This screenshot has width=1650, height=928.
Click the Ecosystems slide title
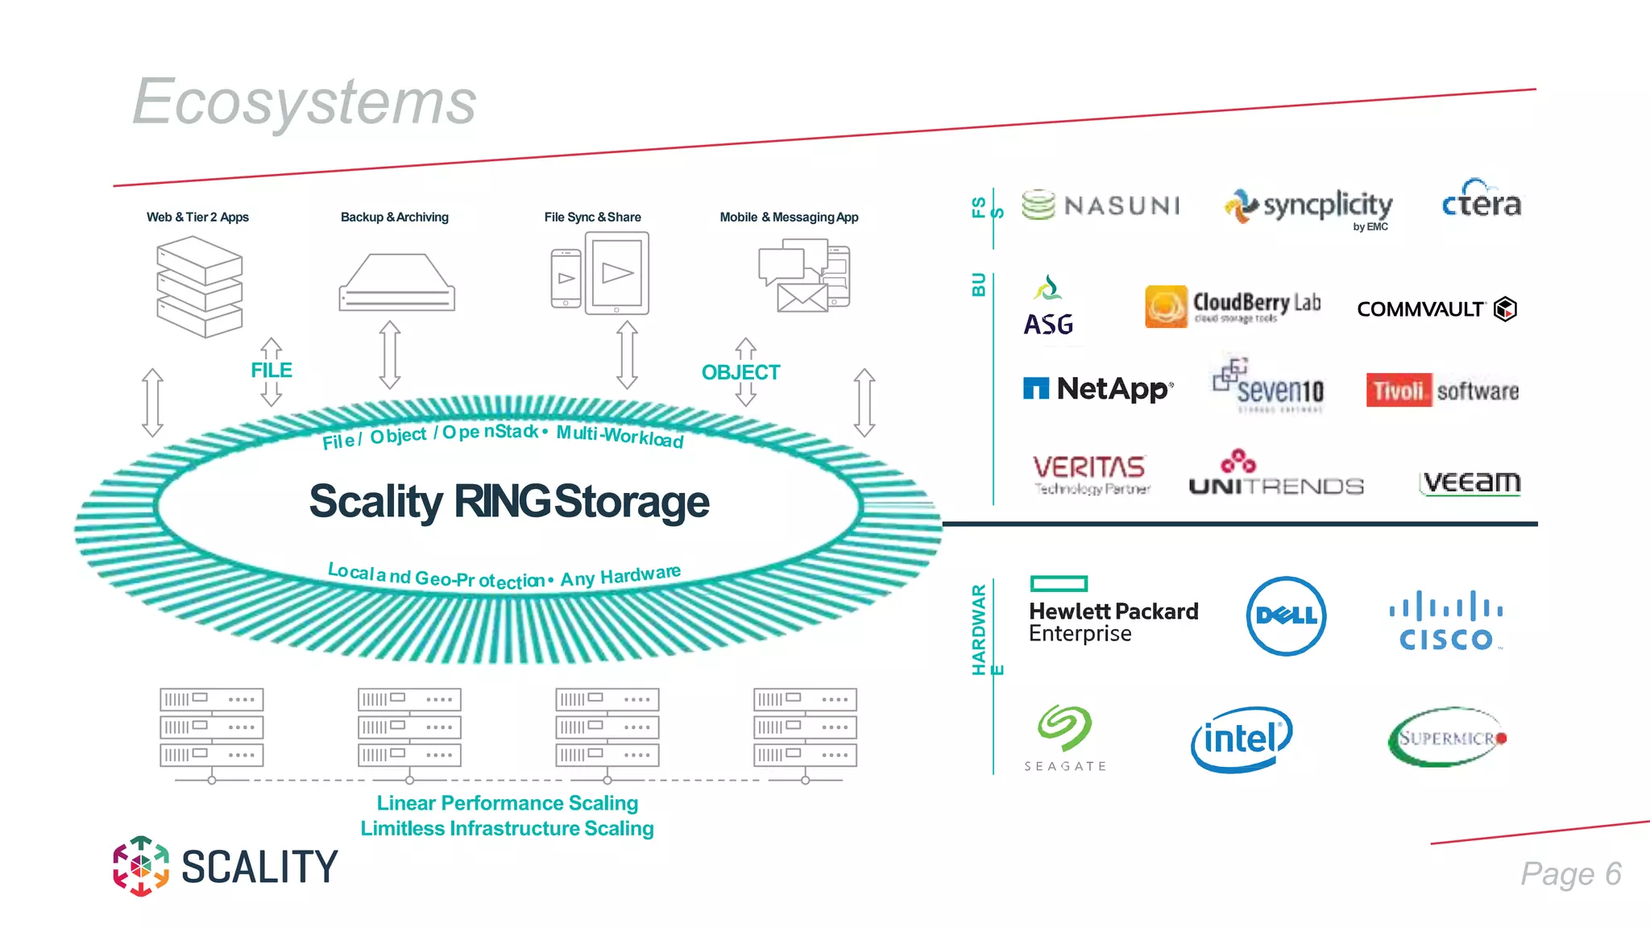coord(305,101)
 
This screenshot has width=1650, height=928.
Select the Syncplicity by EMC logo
coord(1309,207)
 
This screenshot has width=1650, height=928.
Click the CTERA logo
coord(1481,201)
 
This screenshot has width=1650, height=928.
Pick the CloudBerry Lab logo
coord(1233,306)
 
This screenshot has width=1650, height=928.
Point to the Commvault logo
coord(1436,309)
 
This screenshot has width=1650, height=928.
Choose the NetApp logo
coord(1098,389)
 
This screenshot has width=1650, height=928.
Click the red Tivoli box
coord(1398,391)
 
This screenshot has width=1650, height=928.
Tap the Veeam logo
coord(1470,482)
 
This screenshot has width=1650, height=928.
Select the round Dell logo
coord(1286,616)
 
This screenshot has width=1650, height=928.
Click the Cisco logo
coord(1446,621)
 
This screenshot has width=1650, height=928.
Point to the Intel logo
coord(1242,739)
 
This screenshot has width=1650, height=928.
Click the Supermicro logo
coord(1447,737)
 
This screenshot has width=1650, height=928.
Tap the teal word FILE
coord(272,371)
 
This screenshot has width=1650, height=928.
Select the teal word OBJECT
coord(740,372)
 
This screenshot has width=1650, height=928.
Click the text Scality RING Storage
coord(509,501)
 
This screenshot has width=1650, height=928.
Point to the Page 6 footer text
coord(1570,874)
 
